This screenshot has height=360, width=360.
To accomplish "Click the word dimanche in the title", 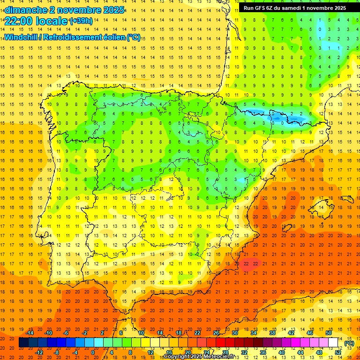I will point(26,10).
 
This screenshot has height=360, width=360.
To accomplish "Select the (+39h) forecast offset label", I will point(81,21).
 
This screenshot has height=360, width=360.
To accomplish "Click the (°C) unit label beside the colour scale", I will point(349,343).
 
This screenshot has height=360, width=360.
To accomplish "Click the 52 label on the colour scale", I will point(338,352).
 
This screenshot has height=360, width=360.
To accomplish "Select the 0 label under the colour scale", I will point(93,352).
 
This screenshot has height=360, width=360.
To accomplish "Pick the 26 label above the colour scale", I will point(216,333).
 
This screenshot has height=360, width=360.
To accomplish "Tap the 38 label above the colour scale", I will point(272,333).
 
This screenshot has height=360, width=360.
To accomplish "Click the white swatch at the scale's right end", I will point(333,343).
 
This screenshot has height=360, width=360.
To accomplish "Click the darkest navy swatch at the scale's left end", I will point(23,343).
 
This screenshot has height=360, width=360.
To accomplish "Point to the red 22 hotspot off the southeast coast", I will point(251,263).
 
